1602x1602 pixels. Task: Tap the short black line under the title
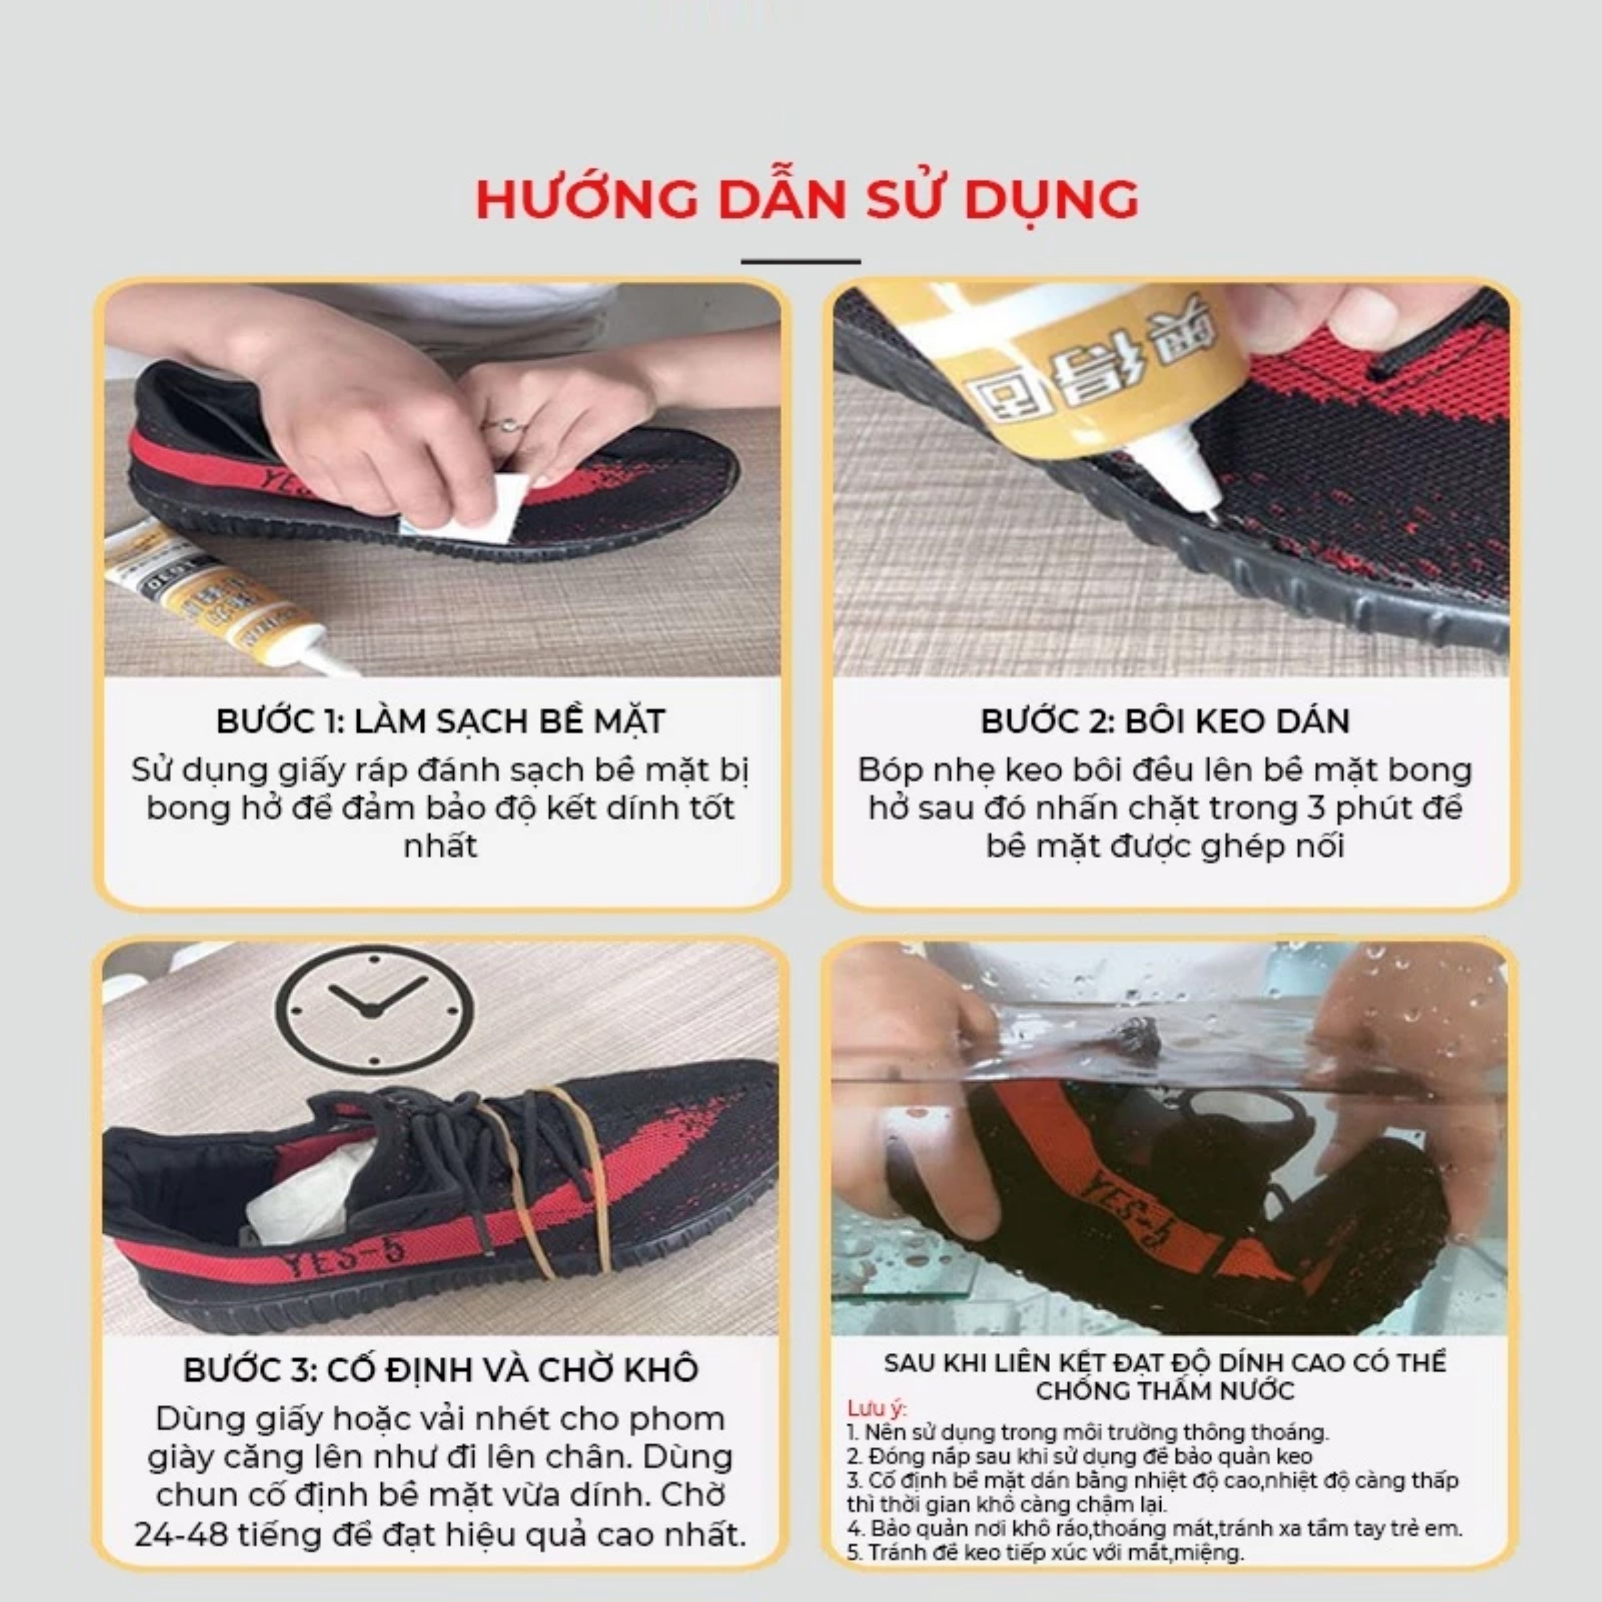801,261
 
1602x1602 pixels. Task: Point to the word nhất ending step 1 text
441,847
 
